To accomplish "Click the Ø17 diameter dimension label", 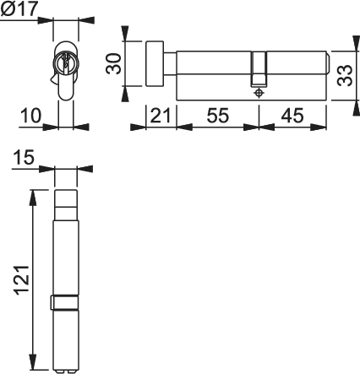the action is coord(19,8).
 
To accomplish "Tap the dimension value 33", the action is coord(345,75).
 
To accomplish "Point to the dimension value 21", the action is coord(161,116).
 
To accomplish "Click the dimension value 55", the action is coord(218,116).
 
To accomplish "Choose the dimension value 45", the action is coord(293,116).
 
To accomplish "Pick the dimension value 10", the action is coord(30,116).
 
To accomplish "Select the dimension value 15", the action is coord(24,157).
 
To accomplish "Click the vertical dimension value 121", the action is coord(22,280).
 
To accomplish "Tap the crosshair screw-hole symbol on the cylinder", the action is coord(259,93).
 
